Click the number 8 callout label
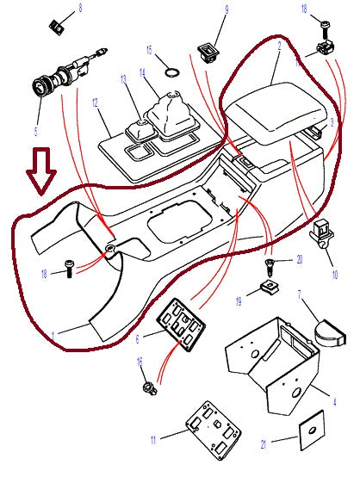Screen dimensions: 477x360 (x=81, y=9)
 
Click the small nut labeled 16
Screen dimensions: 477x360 (x=147, y=385)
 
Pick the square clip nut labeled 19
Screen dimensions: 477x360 (x=269, y=286)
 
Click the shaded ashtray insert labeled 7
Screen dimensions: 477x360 (x=328, y=331)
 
